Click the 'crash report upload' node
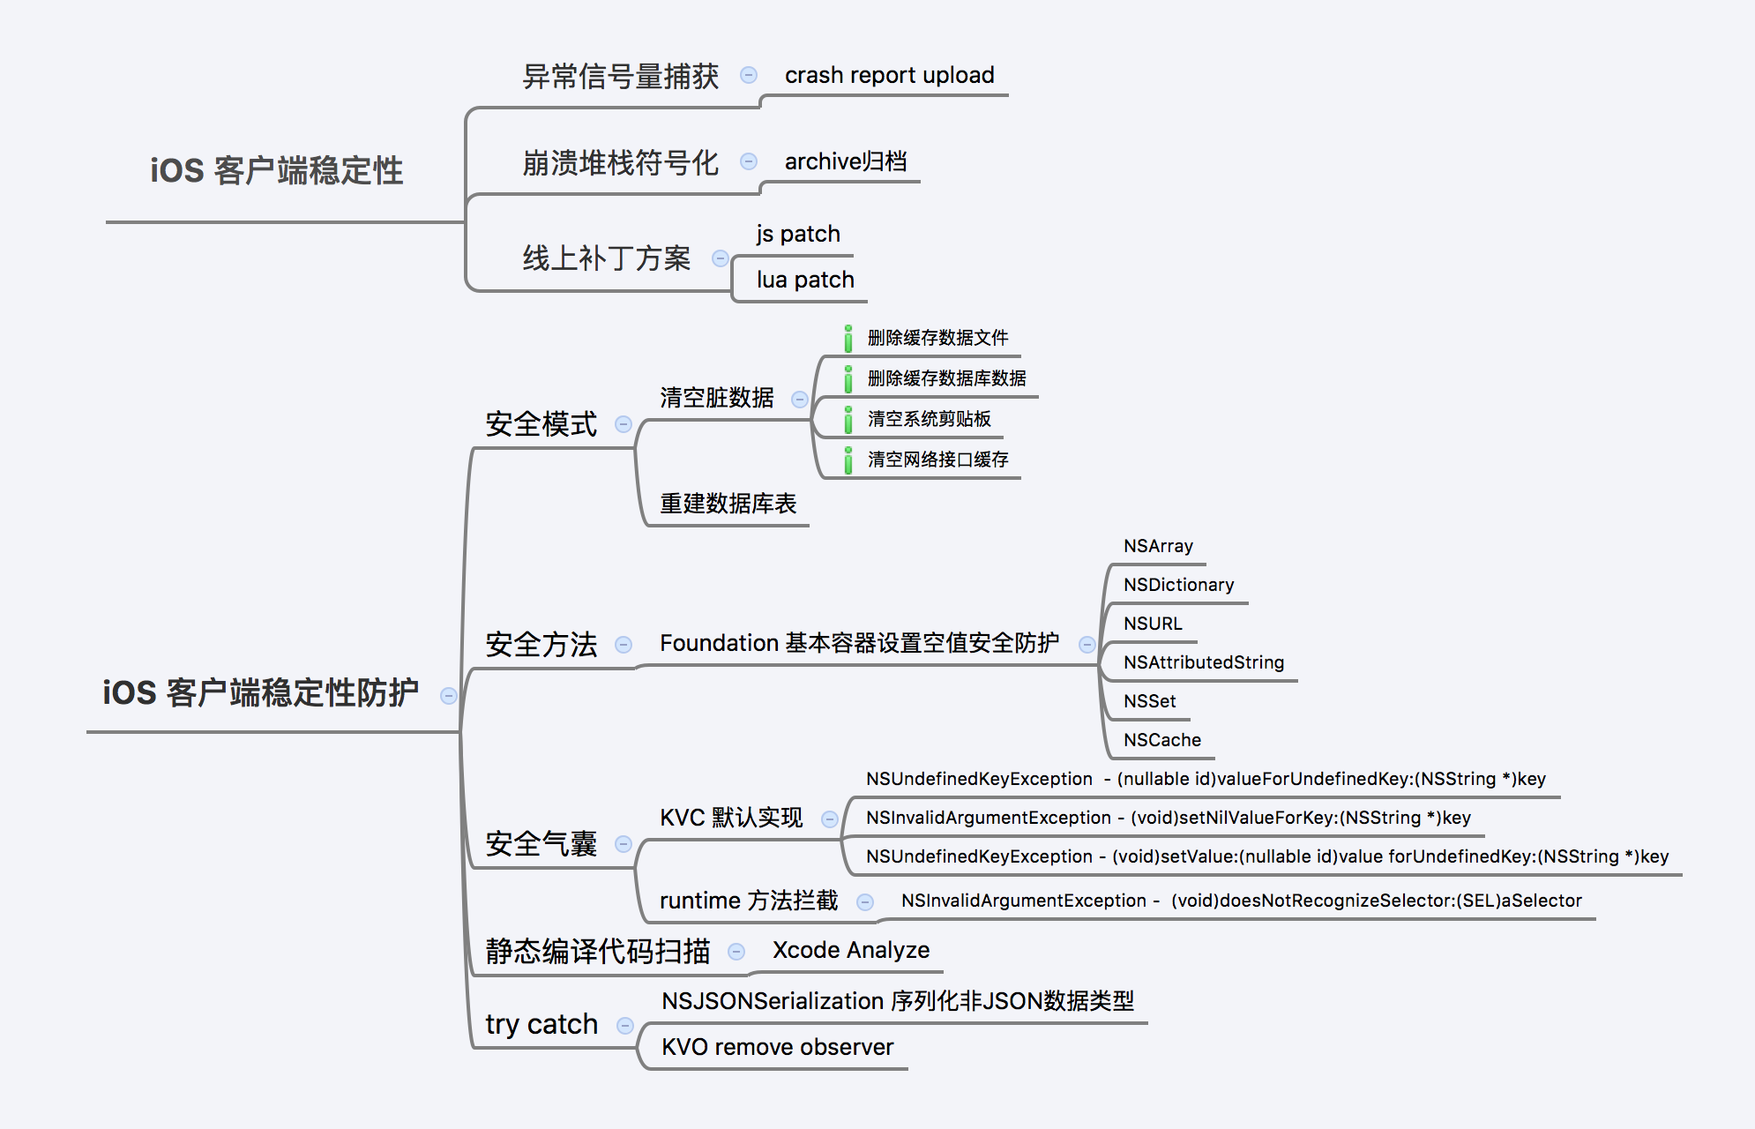coord(889,75)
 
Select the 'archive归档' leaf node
coord(845,161)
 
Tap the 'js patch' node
coord(797,234)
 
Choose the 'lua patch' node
coord(804,280)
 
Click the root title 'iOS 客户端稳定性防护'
coord(260,692)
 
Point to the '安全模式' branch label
coord(541,424)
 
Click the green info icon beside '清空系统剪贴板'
coord(848,420)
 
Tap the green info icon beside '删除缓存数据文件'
coord(848,339)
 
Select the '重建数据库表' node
coord(728,504)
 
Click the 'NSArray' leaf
coord(1158,546)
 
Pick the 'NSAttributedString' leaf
coord(1203,662)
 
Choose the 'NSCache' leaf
coord(1161,740)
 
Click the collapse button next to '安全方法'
coord(624,645)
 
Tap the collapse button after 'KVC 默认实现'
coord(830,819)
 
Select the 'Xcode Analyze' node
coord(850,950)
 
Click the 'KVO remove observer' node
coord(777,1047)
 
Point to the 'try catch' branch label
coord(541,1024)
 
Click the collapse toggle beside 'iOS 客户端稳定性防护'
coord(449,696)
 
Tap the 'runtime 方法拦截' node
coord(749,901)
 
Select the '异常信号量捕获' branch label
coord(620,77)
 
